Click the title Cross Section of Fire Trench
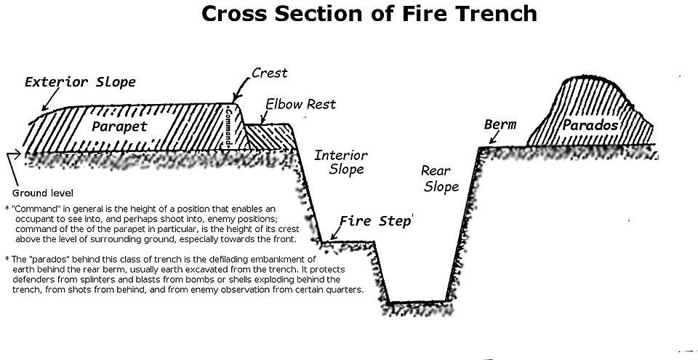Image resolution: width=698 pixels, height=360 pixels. [369, 13]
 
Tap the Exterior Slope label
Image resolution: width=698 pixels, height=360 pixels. [80, 82]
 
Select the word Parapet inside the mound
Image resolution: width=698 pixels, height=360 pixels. [119, 127]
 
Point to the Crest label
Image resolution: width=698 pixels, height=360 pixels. [269, 73]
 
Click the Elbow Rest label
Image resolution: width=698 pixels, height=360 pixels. [300, 104]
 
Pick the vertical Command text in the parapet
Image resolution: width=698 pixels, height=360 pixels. [229, 127]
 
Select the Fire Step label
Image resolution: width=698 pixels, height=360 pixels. [375, 221]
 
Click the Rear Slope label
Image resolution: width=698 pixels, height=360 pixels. [440, 179]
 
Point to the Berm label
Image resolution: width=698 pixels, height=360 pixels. [500, 124]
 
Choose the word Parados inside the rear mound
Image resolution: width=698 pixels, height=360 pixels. [590, 125]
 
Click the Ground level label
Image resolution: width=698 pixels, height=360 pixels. [43, 193]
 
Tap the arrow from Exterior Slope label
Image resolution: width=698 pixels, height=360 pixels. [50, 98]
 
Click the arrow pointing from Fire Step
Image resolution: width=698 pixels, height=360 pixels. [334, 232]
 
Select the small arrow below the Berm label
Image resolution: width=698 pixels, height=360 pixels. [493, 139]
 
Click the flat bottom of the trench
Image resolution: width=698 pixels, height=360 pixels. [417, 302]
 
